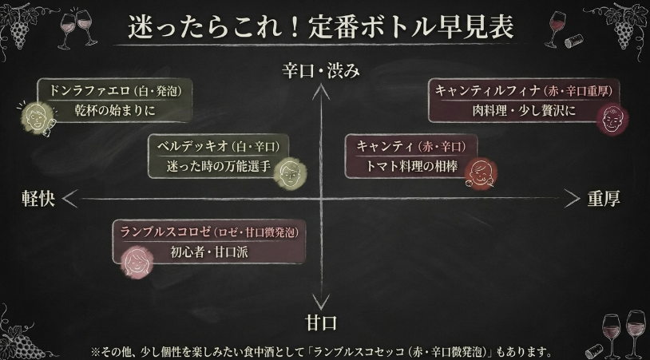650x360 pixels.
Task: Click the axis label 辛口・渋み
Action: [x=321, y=71]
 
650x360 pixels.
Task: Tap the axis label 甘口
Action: [x=321, y=322]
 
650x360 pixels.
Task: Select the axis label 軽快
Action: [x=38, y=199]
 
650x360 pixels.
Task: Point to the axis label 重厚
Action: [x=604, y=199]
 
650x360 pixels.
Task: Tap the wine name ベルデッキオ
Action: [x=192, y=146]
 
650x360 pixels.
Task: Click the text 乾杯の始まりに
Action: [x=115, y=110]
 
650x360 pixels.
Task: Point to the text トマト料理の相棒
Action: [x=411, y=166]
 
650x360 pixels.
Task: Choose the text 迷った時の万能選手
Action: [x=219, y=166]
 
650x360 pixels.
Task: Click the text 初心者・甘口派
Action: [x=209, y=251]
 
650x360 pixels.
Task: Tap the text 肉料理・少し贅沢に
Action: [x=524, y=110]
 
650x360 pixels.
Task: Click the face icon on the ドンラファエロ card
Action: [x=38, y=117]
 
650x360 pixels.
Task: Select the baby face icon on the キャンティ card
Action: [x=481, y=173]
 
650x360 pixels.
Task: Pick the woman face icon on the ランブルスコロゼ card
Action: [x=137, y=262]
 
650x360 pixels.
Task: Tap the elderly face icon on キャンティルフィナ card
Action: [x=612, y=118]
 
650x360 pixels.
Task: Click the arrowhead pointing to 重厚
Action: [x=572, y=199]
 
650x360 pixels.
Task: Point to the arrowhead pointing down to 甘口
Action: [x=321, y=303]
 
